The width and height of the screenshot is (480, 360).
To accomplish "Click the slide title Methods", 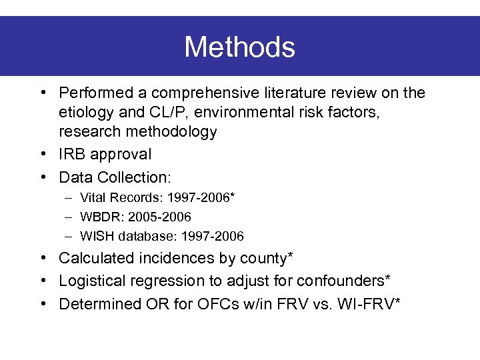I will pos(239,47).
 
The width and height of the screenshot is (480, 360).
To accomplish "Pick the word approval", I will pos(123,155).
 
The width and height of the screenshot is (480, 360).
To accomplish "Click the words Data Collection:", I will pos(115,177).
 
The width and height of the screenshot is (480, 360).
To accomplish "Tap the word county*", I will pos(268,257).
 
